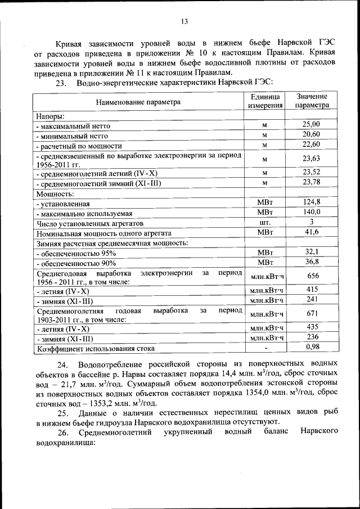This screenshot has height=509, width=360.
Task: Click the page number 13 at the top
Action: point(183,22)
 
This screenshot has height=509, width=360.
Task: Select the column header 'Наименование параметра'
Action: point(138,102)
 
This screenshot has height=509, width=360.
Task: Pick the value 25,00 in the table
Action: point(311,124)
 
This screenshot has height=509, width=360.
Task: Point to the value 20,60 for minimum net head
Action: point(311,134)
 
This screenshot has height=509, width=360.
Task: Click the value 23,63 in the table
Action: point(311,159)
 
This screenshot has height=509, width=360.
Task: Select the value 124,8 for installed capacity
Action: point(311,202)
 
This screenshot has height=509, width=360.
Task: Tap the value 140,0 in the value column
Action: point(311,212)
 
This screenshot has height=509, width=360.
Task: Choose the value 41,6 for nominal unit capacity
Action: point(311,232)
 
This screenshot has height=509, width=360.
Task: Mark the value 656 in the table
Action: point(311,276)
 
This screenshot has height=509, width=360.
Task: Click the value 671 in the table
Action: point(311,313)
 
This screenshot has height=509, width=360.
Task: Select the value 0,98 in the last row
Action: point(311,347)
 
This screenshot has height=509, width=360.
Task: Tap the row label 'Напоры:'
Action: point(51,115)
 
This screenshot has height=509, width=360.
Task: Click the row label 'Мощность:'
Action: point(55,193)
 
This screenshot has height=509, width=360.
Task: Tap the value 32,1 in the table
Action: point(311,252)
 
